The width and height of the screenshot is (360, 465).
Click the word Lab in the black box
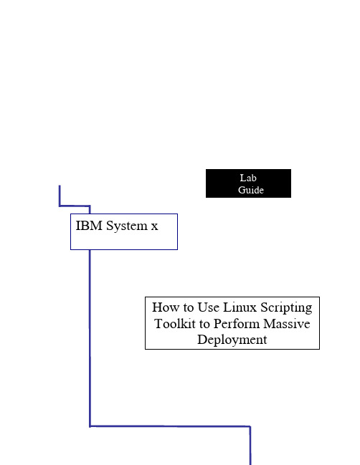click(248, 178)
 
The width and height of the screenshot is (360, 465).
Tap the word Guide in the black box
click(251, 190)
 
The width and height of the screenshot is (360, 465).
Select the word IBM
click(89, 226)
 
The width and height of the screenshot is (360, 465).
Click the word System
click(127, 226)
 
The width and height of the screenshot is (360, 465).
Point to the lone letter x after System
click(154, 226)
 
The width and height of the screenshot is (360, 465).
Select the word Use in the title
click(209, 307)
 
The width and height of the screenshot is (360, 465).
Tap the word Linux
click(240, 307)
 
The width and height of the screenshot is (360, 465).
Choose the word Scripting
click(286, 308)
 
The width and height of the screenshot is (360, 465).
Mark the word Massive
click(286, 324)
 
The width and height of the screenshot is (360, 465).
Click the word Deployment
click(232, 340)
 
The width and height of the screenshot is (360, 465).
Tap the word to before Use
click(188, 308)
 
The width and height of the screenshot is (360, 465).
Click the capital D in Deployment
click(202, 340)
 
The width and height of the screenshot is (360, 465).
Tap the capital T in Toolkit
click(158, 324)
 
